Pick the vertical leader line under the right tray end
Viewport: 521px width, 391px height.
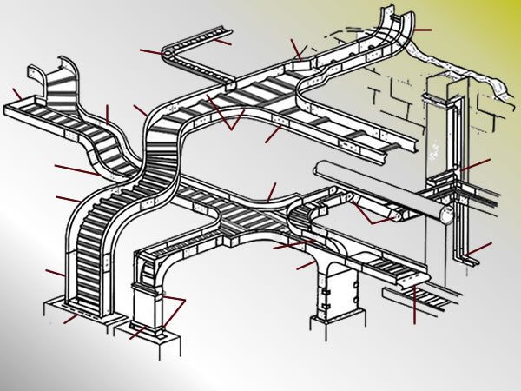click(x=415, y=304)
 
